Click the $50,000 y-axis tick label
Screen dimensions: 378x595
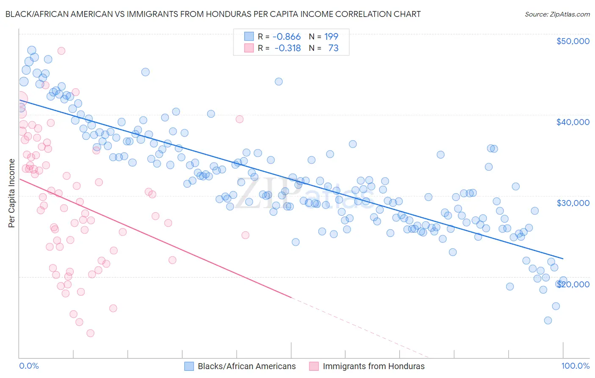(x=573, y=41)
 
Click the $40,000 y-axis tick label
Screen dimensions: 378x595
(x=573, y=122)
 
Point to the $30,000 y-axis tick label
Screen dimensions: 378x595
(x=573, y=203)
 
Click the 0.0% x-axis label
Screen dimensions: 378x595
(x=29, y=366)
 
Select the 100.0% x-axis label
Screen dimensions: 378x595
(x=575, y=366)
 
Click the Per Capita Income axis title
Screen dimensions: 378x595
(x=11, y=193)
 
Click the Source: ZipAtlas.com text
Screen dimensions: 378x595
(x=557, y=14)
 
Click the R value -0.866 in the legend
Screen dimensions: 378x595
(x=286, y=37)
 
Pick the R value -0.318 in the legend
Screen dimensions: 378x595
(x=287, y=48)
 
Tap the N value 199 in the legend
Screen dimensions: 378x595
(x=331, y=37)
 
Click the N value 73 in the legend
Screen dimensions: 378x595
(x=333, y=48)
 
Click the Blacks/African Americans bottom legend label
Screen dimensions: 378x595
(x=247, y=366)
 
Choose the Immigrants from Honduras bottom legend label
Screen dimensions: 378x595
(x=374, y=366)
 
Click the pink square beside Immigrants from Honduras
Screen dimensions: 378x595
(x=314, y=366)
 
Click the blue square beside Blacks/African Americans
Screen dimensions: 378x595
(x=189, y=366)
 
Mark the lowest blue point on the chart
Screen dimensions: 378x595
(x=548, y=320)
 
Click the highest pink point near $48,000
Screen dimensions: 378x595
(x=61, y=51)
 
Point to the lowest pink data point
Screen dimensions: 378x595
(x=90, y=333)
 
